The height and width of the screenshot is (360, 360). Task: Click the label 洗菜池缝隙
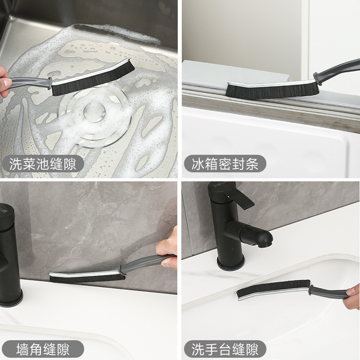tap(43, 164)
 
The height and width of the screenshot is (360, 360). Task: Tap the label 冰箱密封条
tap(225, 164)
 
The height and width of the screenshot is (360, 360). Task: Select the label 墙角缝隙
tap(43, 349)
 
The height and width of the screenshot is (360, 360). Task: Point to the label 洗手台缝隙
tap(225, 349)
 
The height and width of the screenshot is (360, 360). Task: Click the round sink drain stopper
tap(94, 112)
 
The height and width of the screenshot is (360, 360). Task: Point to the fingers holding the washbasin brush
tap(352, 296)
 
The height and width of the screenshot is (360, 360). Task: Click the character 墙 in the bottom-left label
tap(23, 349)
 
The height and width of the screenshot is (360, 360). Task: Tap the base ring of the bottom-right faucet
tap(230, 264)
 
